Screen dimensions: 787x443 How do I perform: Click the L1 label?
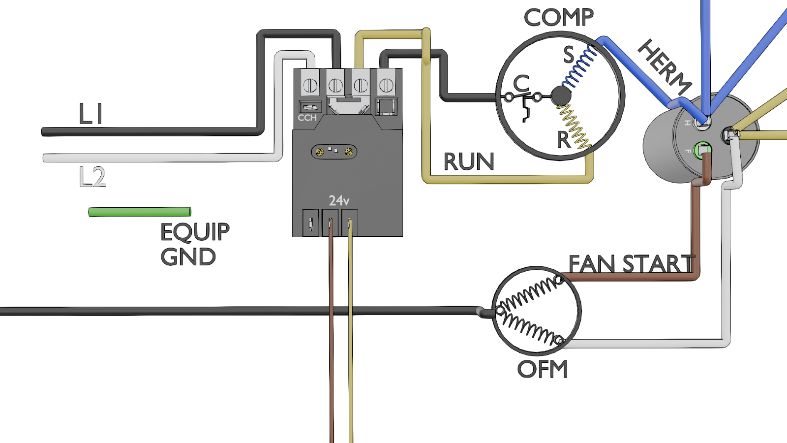pyautogui.click(x=91, y=114)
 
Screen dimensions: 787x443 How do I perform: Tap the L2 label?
pyautogui.click(x=92, y=177)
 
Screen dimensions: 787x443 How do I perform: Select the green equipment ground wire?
pyautogui.click(x=140, y=212)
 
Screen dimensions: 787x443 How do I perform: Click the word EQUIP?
pyautogui.click(x=195, y=232)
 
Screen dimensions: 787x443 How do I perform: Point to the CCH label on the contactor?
pyautogui.click(x=307, y=118)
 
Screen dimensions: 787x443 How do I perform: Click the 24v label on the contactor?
pyautogui.click(x=339, y=201)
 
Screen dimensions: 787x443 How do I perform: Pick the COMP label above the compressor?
pyautogui.click(x=559, y=17)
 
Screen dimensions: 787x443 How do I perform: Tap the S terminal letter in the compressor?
pyautogui.click(x=569, y=55)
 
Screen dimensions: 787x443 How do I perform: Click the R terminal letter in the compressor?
pyautogui.click(x=564, y=140)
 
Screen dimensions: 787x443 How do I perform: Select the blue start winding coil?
pyautogui.click(x=579, y=67)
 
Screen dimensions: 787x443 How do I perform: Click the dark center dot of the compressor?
pyautogui.click(x=561, y=96)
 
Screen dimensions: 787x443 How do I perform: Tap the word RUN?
pyautogui.click(x=469, y=162)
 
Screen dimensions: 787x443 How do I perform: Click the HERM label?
pyautogui.click(x=665, y=67)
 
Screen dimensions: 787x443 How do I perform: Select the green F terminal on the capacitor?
pyautogui.click(x=702, y=150)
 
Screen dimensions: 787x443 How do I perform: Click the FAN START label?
pyautogui.click(x=632, y=264)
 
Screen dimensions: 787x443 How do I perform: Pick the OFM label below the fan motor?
pyautogui.click(x=543, y=369)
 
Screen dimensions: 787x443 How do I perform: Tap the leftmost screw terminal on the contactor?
pyautogui.click(x=310, y=85)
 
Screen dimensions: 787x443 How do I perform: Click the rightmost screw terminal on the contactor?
pyautogui.click(x=386, y=85)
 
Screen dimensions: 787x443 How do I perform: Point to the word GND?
pyautogui.click(x=188, y=256)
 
